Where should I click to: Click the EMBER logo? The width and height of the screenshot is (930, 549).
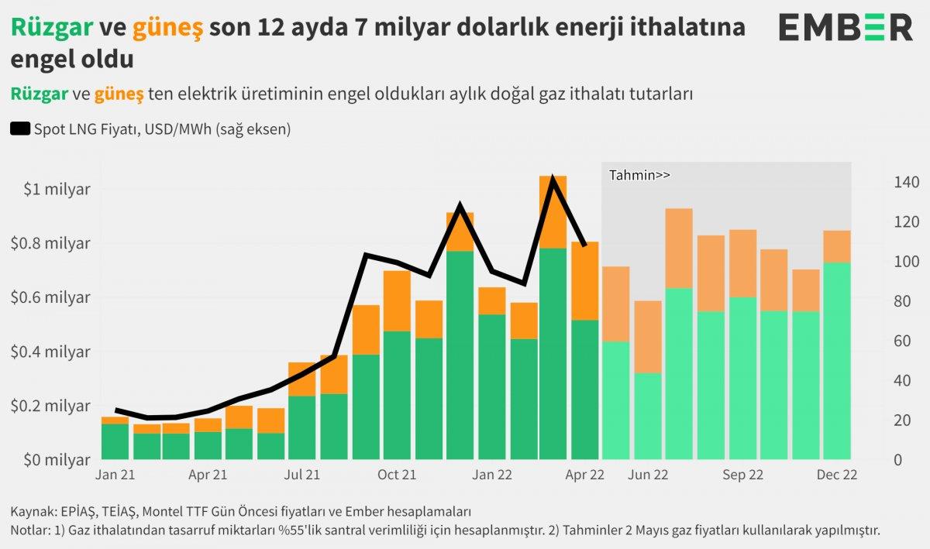coord(846,29)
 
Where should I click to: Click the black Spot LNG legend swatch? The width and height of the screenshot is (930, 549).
coord(20,129)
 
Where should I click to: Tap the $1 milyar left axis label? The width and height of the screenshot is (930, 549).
coord(56,190)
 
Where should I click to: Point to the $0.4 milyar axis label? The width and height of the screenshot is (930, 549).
coord(51,352)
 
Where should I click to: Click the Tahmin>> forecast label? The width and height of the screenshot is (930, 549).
coord(639,175)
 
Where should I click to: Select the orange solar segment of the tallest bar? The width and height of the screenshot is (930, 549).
coord(553,211)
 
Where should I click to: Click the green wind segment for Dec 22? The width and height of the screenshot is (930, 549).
coord(837,360)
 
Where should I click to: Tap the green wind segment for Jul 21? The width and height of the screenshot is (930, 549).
coord(301,427)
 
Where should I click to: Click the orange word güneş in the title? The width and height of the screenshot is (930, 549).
coord(167,28)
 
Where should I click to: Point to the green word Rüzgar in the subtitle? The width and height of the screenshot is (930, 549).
coord(39,94)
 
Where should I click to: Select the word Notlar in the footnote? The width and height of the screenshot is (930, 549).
coord(29,530)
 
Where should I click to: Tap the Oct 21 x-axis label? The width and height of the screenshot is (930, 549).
coord(397,475)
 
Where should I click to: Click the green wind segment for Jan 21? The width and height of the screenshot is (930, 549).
coord(115,441)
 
